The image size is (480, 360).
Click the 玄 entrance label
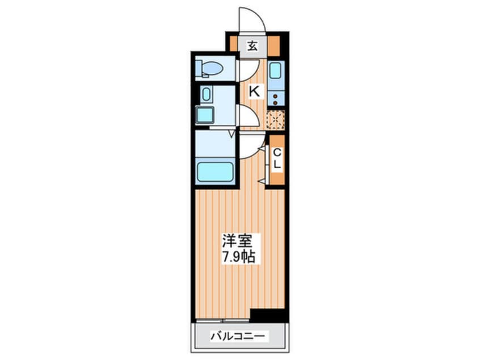(x=252, y=46)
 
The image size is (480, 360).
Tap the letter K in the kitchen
(x=255, y=90)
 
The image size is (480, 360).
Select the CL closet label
(x=277, y=158)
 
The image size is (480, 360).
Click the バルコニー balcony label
(x=239, y=336)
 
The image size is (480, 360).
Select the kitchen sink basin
(x=276, y=72)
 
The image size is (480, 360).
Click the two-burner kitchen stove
(x=276, y=99)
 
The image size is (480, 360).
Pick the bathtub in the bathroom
(x=216, y=171)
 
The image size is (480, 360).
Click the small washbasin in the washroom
(x=207, y=94)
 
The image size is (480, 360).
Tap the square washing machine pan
(x=205, y=116)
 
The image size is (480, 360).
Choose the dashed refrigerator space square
(x=276, y=119)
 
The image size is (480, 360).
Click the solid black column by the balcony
(x=267, y=315)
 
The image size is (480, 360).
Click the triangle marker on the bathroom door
(x=231, y=134)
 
